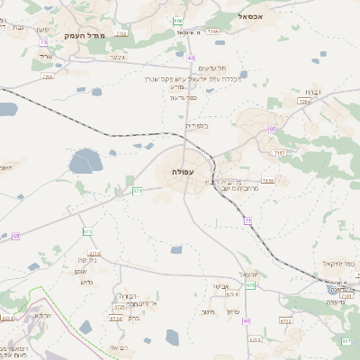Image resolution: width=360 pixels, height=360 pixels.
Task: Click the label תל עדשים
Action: [x=209, y=68]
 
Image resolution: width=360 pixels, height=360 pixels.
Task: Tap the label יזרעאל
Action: [x=248, y=274]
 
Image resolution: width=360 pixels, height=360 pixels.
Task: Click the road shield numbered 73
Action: [x=42, y=42]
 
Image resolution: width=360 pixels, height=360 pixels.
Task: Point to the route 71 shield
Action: [x=247, y=219]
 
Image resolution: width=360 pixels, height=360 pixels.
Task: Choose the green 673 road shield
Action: [x=87, y=231]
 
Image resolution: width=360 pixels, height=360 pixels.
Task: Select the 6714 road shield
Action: [x=94, y=253]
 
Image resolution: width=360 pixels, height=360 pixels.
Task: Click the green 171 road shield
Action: [x=138, y=191]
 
